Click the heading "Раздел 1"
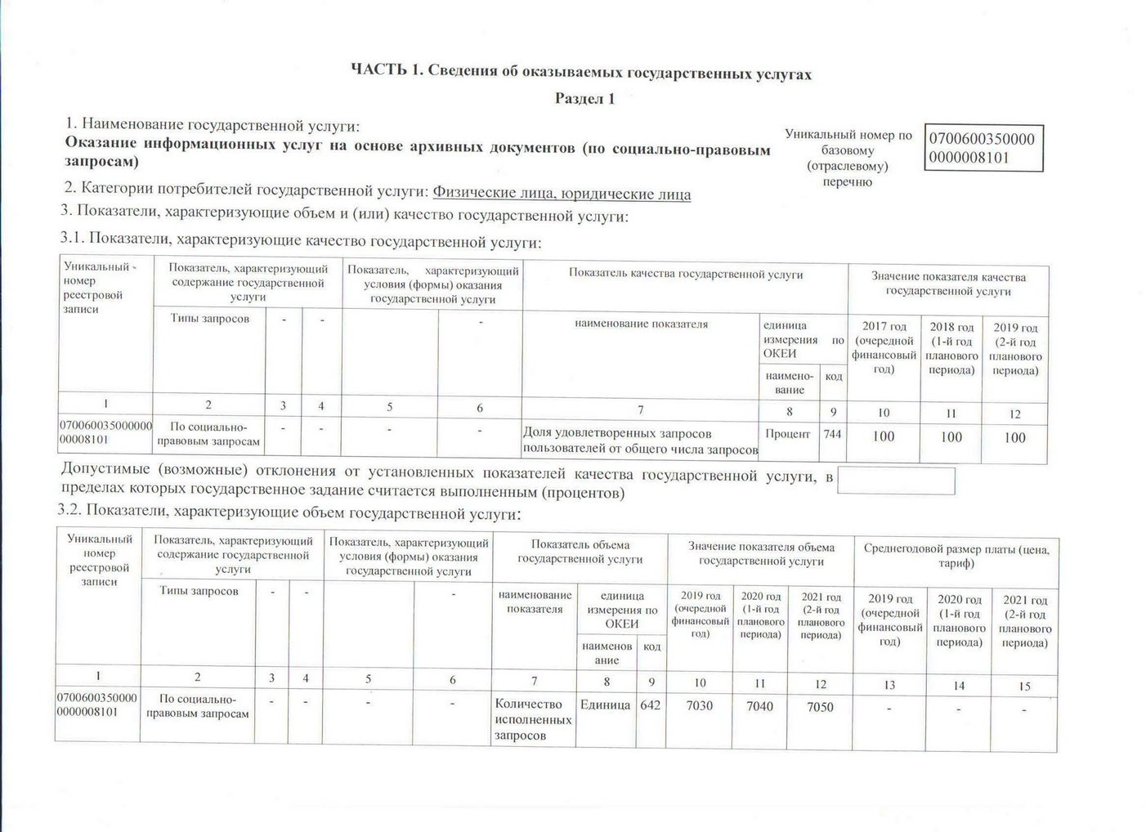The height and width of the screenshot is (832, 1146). coord(584,99)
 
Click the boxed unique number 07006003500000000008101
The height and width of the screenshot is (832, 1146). coord(982,148)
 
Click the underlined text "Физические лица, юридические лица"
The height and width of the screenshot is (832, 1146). coord(562,194)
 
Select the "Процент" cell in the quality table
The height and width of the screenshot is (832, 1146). coord(787,434)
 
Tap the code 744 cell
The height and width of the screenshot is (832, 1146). coord(832,434)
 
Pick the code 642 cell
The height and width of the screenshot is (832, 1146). coord(651,705)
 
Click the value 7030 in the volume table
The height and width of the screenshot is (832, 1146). coord(699,705)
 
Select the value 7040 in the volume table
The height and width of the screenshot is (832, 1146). coord(759,705)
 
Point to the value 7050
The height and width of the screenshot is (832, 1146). coord(820,706)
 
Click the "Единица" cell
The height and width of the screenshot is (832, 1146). coord(605,705)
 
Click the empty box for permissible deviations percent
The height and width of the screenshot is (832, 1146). coord(896,481)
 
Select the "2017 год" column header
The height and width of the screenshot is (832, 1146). coord(884,347)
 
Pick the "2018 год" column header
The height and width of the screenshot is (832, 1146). coord(951,347)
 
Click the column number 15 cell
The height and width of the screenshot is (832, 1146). coord(1024,687)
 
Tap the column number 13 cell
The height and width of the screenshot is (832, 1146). coord(889,685)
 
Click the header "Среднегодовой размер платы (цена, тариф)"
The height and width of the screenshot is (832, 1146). coord(956,556)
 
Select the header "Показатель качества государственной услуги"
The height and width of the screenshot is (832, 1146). coord(685,275)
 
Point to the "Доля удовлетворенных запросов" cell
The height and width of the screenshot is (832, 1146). coord(640,441)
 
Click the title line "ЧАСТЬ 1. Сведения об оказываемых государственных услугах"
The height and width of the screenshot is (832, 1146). coord(580,73)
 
